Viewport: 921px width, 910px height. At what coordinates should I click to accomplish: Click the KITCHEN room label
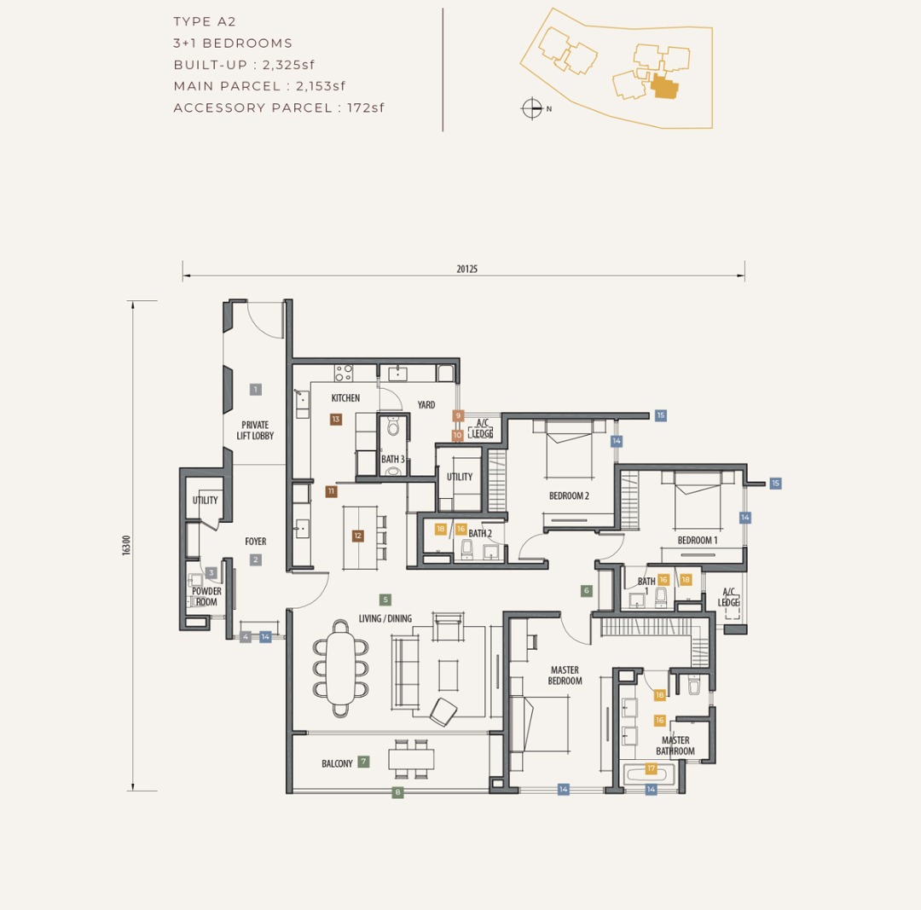(x=345, y=398)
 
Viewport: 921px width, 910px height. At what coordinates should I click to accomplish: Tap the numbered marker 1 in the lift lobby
(x=256, y=390)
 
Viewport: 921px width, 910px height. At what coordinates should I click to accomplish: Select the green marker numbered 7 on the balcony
(x=363, y=762)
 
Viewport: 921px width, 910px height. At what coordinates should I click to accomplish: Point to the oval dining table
(x=340, y=669)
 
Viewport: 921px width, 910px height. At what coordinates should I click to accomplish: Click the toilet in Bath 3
(x=393, y=427)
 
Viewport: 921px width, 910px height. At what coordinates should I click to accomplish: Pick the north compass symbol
(x=531, y=108)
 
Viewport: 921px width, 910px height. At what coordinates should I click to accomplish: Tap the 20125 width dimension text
(x=467, y=269)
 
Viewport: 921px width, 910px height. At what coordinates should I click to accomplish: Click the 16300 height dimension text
(x=126, y=545)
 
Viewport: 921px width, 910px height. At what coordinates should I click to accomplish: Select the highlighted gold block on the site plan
(x=664, y=88)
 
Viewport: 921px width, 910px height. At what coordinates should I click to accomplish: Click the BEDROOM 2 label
(x=569, y=496)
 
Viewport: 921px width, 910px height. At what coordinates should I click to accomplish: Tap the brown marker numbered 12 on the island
(x=357, y=536)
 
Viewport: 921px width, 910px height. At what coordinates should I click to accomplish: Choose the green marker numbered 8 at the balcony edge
(x=397, y=792)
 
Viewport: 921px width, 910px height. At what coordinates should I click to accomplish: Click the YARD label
(x=426, y=405)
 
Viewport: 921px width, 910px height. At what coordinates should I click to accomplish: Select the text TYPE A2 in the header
(x=205, y=21)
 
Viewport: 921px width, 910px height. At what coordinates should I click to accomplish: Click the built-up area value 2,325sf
(x=288, y=65)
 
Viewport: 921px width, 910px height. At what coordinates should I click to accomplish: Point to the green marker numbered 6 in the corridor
(x=586, y=590)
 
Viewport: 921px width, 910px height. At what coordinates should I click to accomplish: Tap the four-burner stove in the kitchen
(x=344, y=373)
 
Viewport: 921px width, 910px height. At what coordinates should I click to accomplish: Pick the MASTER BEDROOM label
(x=565, y=675)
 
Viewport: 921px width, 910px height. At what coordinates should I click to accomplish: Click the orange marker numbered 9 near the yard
(x=458, y=416)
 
